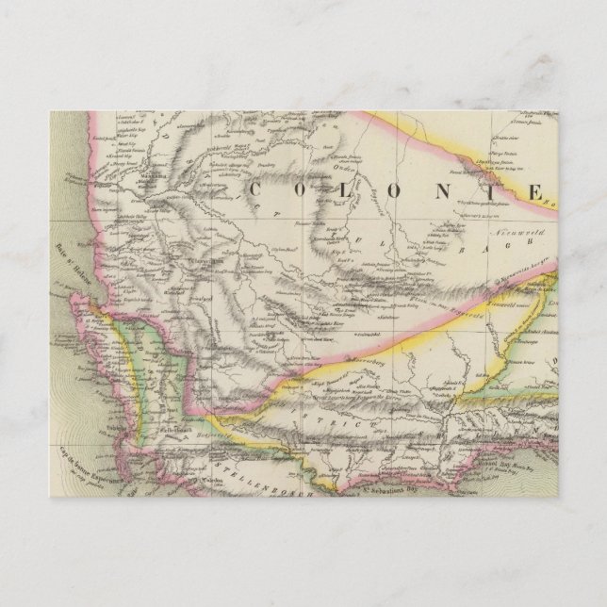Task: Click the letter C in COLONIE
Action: point(256,189)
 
